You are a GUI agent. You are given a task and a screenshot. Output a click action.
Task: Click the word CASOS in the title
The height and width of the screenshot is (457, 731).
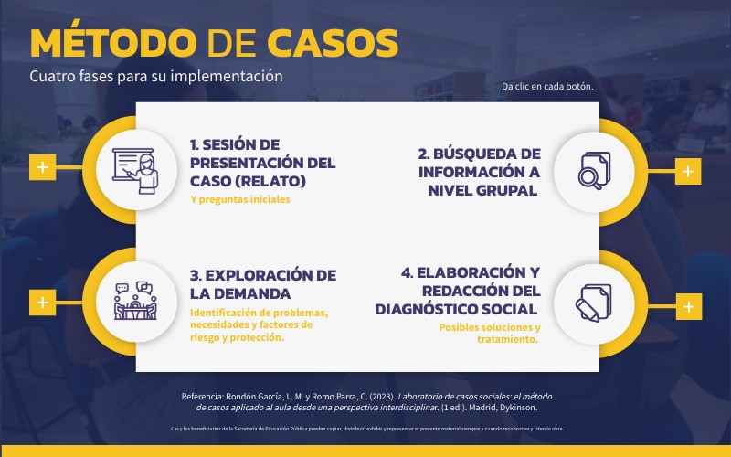tap(333, 43)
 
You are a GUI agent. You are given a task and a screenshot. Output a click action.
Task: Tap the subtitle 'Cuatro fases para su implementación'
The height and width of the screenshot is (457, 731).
tap(156, 76)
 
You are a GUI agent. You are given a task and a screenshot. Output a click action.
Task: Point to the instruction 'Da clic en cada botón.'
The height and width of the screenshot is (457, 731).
tap(547, 87)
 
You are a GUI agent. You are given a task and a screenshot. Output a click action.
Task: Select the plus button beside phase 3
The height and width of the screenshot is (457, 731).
tap(42, 302)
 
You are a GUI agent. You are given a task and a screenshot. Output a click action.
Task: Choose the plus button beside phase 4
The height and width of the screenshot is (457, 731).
tap(688, 306)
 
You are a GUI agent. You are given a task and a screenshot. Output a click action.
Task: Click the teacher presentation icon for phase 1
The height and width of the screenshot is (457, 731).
tap(134, 167)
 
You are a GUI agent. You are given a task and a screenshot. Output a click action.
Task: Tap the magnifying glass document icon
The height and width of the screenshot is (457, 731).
tap(594, 171)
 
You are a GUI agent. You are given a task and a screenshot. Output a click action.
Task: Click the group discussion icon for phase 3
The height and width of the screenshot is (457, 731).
tap(134, 302)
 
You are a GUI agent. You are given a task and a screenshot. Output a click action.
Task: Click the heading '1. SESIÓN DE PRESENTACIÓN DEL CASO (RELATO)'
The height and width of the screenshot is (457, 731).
tap(262, 163)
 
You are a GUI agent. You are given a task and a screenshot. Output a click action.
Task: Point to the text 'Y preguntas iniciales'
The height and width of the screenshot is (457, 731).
tap(239, 198)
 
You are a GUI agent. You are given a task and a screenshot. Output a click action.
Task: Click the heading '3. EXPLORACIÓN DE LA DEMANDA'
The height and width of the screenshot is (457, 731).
tap(262, 284)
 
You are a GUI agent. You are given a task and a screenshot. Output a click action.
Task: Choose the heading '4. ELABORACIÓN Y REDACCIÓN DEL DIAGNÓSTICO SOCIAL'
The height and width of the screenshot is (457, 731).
tap(470, 291)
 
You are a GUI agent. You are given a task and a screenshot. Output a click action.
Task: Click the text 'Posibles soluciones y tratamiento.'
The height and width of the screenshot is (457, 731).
tap(489, 333)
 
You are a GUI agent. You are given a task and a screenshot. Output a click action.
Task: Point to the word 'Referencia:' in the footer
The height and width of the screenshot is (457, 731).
tap(209, 396)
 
